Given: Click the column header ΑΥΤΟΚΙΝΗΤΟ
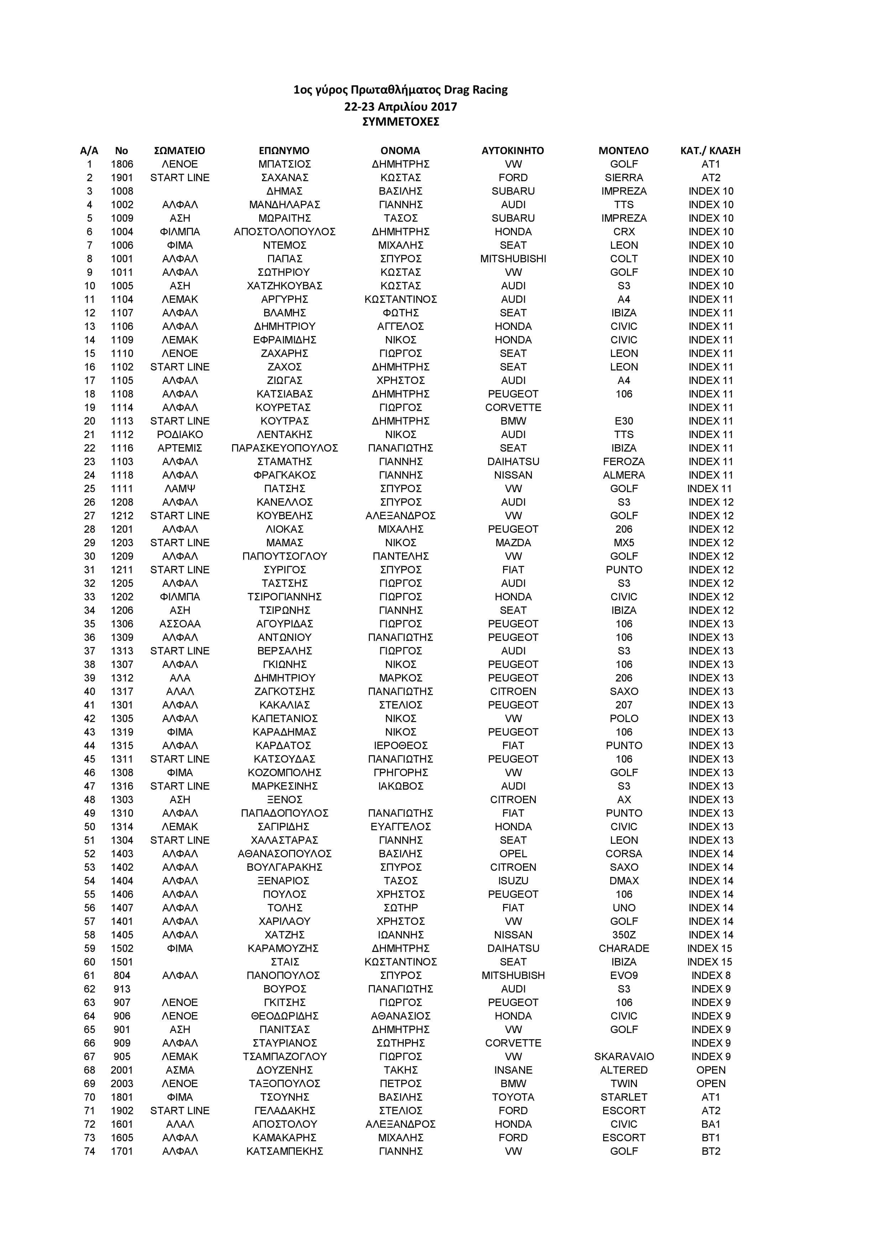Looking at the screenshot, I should click(x=512, y=151).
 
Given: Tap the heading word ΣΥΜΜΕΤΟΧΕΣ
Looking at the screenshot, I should click(x=400, y=121).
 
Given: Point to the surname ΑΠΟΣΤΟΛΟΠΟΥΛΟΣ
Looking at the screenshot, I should click(x=284, y=232).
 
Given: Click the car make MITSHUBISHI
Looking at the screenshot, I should click(x=513, y=259).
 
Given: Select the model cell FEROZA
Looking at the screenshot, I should click(x=624, y=462).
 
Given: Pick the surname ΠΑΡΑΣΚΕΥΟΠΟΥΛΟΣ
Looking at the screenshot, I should click(x=284, y=448).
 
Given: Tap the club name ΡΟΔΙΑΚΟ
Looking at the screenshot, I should click(x=179, y=434).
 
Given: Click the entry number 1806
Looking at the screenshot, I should click(x=122, y=164).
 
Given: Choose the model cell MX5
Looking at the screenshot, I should click(x=624, y=542).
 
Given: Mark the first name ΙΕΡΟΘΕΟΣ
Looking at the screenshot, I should click(x=400, y=745).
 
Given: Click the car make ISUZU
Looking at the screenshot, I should click(x=513, y=880).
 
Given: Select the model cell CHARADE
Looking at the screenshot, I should click(x=624, y=948).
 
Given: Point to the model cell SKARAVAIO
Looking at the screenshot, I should click(x=624, y=1056).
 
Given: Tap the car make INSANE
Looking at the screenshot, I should click(x=513, y=1070).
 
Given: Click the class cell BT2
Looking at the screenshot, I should click(x=711, y=1151).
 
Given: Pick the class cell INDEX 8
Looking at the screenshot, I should click(x=711, y=975).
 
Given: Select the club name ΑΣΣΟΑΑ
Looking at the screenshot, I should click(x=179, y=623).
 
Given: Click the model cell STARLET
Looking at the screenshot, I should click(x=624, y=1097).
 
